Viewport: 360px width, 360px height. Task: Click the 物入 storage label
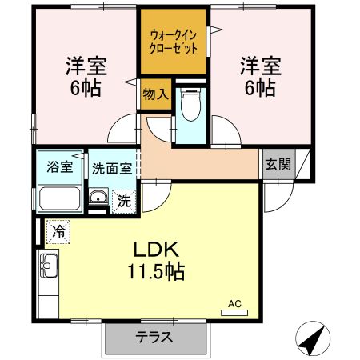[x=155, y=94]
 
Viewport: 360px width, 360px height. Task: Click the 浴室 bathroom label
[x=60, y=167]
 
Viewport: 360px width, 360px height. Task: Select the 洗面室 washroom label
[x=112, y=168]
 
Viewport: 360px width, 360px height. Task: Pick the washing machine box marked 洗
[x=124, y=201]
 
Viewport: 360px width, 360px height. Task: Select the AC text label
[x=234, y=303]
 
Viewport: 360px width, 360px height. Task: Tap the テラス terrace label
[x=155, y=337]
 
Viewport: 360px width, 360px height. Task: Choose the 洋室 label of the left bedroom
[x=86, y=64]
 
